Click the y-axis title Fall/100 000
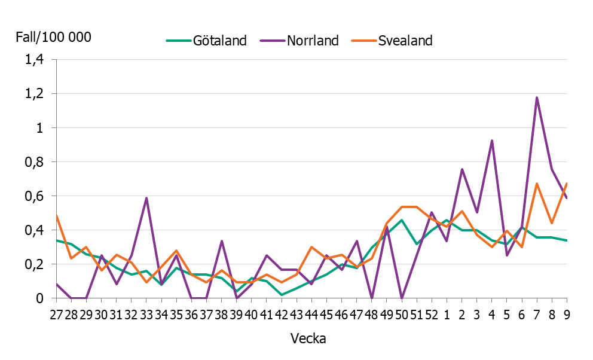53,37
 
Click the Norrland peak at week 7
537,97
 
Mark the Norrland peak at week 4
491,141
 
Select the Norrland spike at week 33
146,198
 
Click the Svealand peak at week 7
537,184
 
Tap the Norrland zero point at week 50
402,298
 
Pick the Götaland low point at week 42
282,295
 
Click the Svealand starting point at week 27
56,215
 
